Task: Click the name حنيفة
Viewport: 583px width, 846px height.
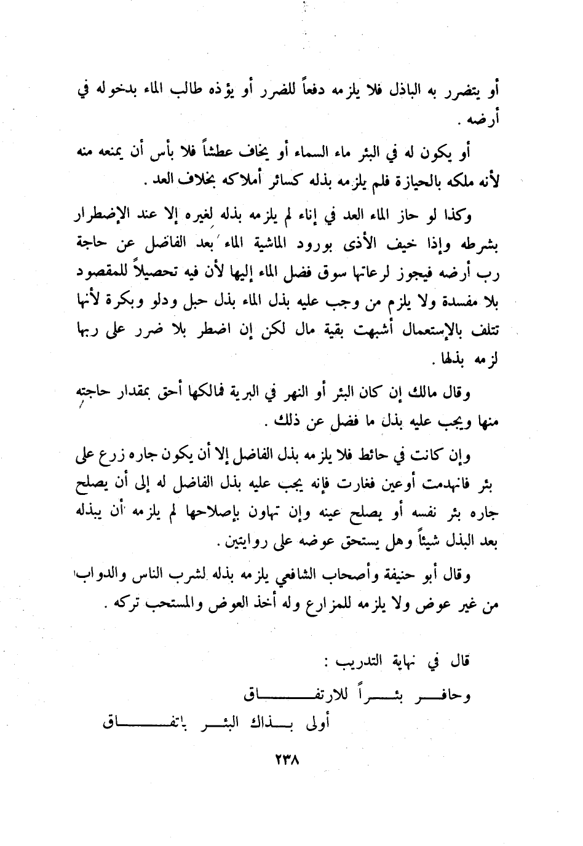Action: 403,576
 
